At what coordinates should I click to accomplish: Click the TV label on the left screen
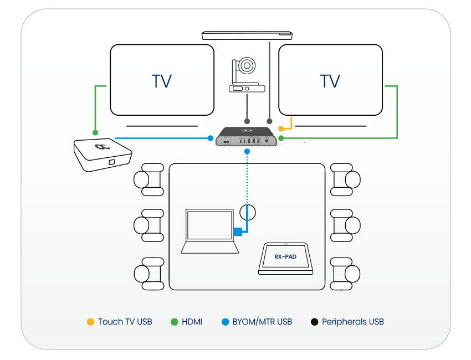[162, 81]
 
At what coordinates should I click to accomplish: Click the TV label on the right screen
[330, 81]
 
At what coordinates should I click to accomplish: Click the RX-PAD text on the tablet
[285, 256]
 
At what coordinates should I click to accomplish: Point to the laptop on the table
[209, 232]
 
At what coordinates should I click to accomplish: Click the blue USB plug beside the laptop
[238, 232]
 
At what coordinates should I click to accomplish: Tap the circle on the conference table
[247, 212]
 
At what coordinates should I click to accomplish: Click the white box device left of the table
[101, 155]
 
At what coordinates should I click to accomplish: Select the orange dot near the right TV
[281, 128]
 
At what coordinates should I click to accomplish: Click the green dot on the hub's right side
[281, 138]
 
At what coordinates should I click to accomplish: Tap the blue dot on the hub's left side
[211, 138]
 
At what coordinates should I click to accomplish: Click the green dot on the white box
[95, 133]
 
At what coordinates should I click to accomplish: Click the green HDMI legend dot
[174, 321]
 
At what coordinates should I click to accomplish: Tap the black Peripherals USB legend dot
[314, 321]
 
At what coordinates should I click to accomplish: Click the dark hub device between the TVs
[246, 137]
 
